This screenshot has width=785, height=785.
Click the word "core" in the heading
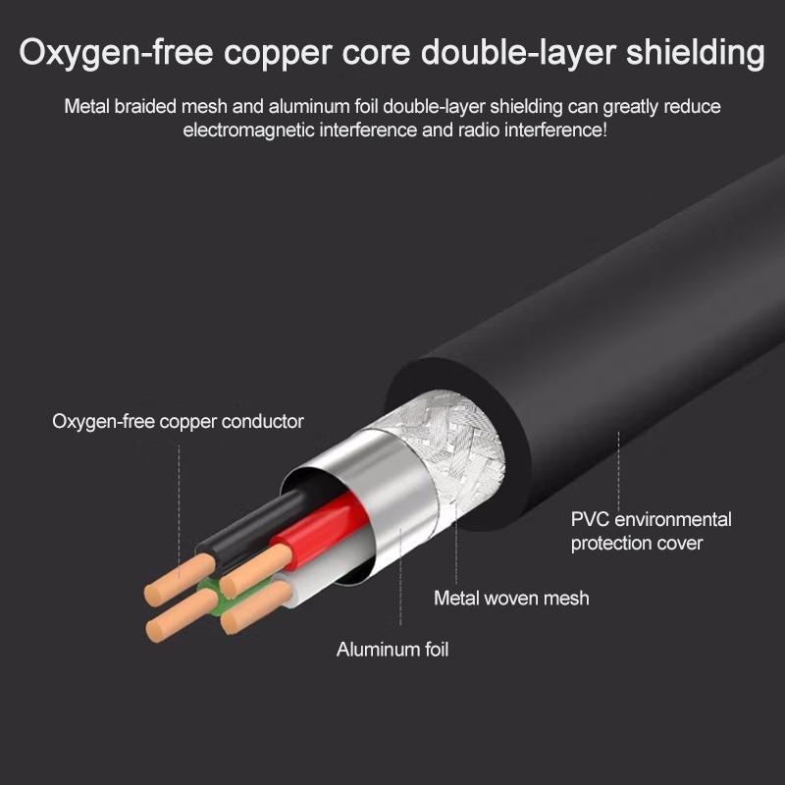pos(376,53)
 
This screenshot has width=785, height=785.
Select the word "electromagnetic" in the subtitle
pos(248,131)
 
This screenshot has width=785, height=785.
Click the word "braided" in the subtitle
pos(145,107)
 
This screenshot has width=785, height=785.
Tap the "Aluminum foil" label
pos(392,650)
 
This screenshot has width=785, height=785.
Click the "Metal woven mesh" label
pos(511,599)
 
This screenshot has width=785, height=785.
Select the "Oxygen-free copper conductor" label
pos(178,422)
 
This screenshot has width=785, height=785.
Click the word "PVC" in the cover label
pos(590,520)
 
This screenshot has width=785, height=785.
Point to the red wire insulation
pos(321,526)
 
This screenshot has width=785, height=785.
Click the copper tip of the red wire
pos(256,570)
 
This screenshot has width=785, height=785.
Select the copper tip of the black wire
pos(180,580)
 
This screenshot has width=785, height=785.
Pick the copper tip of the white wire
pos(256,606)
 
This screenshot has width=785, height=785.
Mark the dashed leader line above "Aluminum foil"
pos(400,576)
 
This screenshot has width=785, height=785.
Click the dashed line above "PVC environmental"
pos(619,471)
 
